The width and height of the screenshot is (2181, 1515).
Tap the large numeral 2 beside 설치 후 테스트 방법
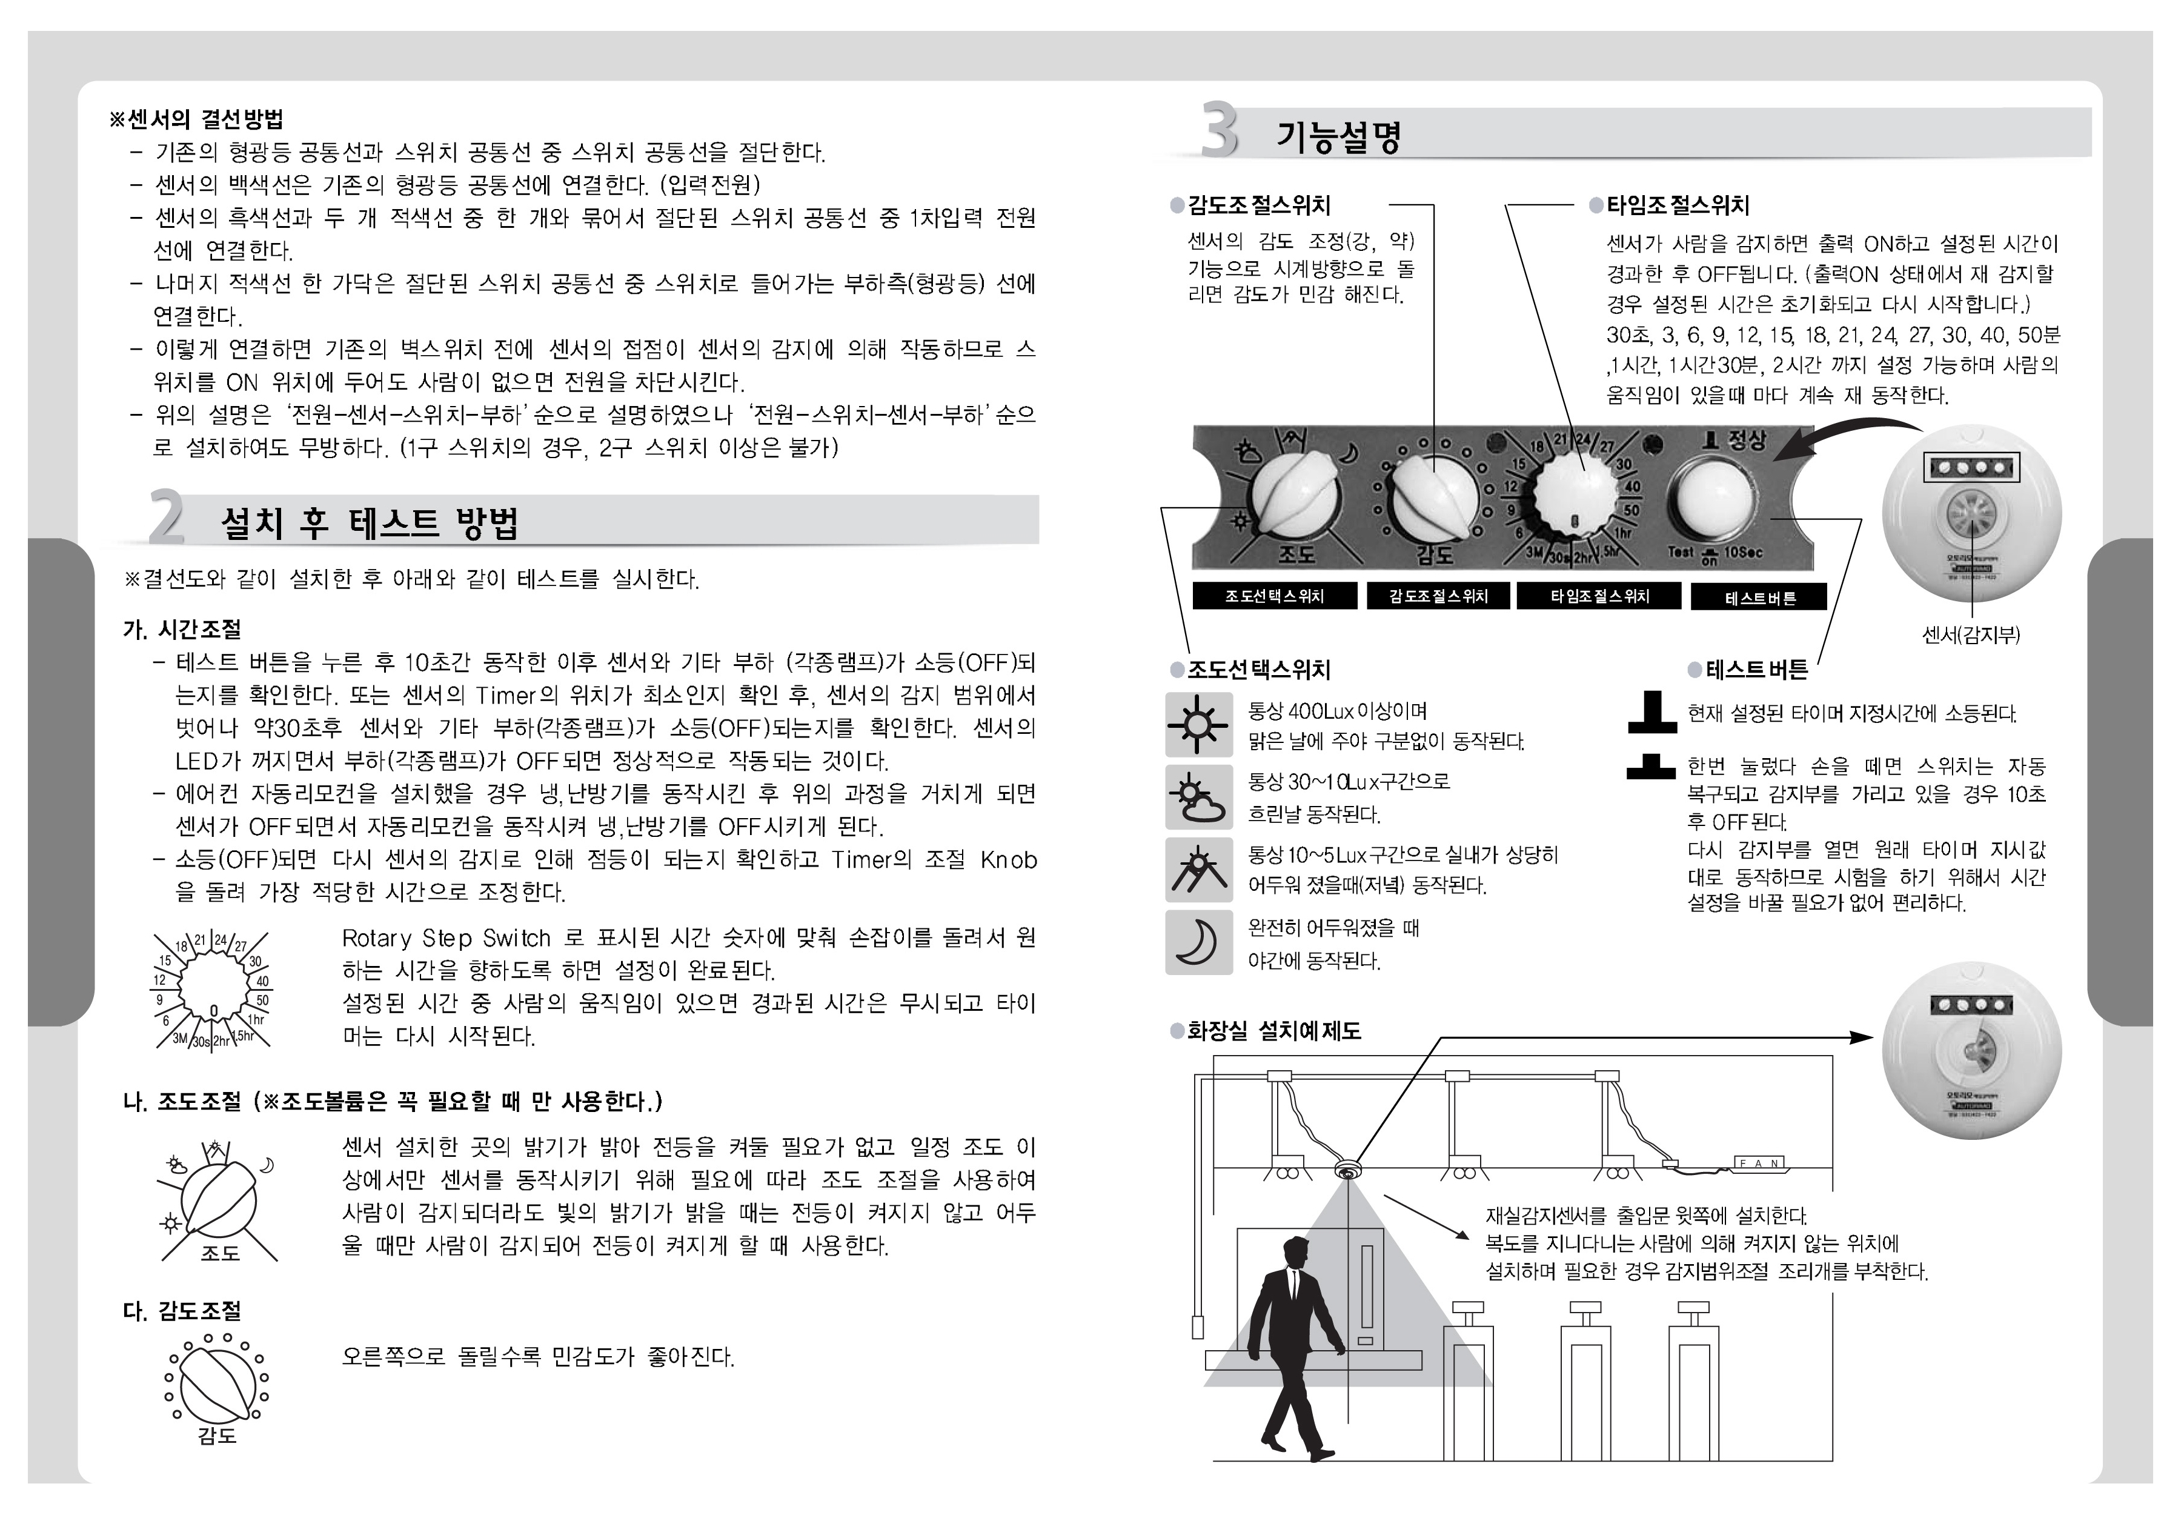tap(167, 518)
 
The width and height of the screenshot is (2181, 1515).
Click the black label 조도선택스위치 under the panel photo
tap(1273, 596)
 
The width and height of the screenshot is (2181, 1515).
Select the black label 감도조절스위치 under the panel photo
tap(1438, 596)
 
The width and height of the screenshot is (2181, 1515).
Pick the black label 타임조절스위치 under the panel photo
tap(1599, 596)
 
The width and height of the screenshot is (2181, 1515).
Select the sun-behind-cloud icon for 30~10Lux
tap(1198, 797)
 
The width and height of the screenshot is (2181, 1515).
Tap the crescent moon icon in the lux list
tap(1198, 942)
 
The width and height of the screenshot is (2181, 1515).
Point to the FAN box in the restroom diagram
tap(1759, 1163)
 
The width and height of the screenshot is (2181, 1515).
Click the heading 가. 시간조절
tap(182, 630)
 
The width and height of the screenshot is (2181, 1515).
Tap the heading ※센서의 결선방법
tap(196, 119)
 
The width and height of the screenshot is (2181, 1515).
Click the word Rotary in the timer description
tap(376, 939)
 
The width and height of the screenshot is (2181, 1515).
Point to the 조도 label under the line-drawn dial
tap(219, 1253)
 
